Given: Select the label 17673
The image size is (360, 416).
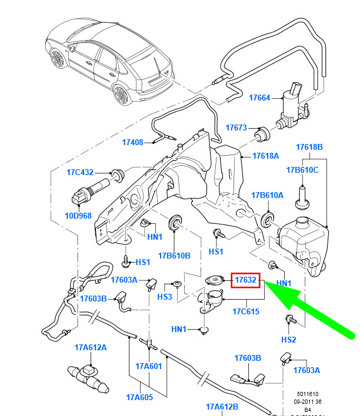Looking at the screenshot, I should click(x=237, y=128).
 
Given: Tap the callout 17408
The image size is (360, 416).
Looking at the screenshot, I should click(x=134, y=142).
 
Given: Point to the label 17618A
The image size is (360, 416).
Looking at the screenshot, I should click(x=266, y=156).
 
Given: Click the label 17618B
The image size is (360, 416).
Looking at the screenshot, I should click(x=309, y=147).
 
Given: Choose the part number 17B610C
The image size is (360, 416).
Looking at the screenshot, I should click(x=302, y=170).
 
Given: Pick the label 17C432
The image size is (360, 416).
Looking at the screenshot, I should click(x=80, y=173).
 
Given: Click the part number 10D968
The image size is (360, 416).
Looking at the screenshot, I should click(x=78, y=216).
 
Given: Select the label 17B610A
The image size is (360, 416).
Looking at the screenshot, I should click(x=268, y=195).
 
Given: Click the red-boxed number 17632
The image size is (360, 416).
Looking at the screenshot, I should click(x=245, y=280).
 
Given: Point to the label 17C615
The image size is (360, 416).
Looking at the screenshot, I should click(x=245, y=311).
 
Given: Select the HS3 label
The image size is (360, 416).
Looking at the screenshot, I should click(x=165, y=297).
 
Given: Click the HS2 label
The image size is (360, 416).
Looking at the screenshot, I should click(x=288, y=340).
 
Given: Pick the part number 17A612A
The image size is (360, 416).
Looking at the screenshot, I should click(x=91, y=348).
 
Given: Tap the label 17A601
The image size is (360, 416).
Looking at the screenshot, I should click(x=148, y=366).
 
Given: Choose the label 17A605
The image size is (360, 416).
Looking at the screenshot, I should click(x=139, y=397).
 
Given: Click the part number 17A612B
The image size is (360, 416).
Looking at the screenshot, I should click(x=222, y=407).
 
